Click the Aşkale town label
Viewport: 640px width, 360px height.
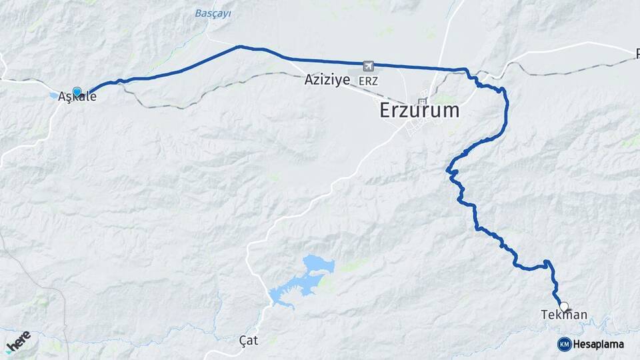tap(77, 97)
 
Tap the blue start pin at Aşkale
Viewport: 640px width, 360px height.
tap(77, 92)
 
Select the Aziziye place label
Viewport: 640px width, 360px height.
tap(327, 80)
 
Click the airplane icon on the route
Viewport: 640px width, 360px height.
tap(368, 65)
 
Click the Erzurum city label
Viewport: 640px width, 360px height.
tap(419, 111)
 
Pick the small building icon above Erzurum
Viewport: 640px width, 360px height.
tap(422, 101)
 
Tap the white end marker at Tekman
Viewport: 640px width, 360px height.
tap(565, 307)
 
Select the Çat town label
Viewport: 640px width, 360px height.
tap(248, 340)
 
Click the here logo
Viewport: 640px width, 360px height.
tap(18, 341)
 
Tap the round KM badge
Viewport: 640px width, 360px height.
tap(564, 344)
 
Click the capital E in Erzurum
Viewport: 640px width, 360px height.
tap(385, 111)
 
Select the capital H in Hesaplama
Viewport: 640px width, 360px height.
tap(577, 344)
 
